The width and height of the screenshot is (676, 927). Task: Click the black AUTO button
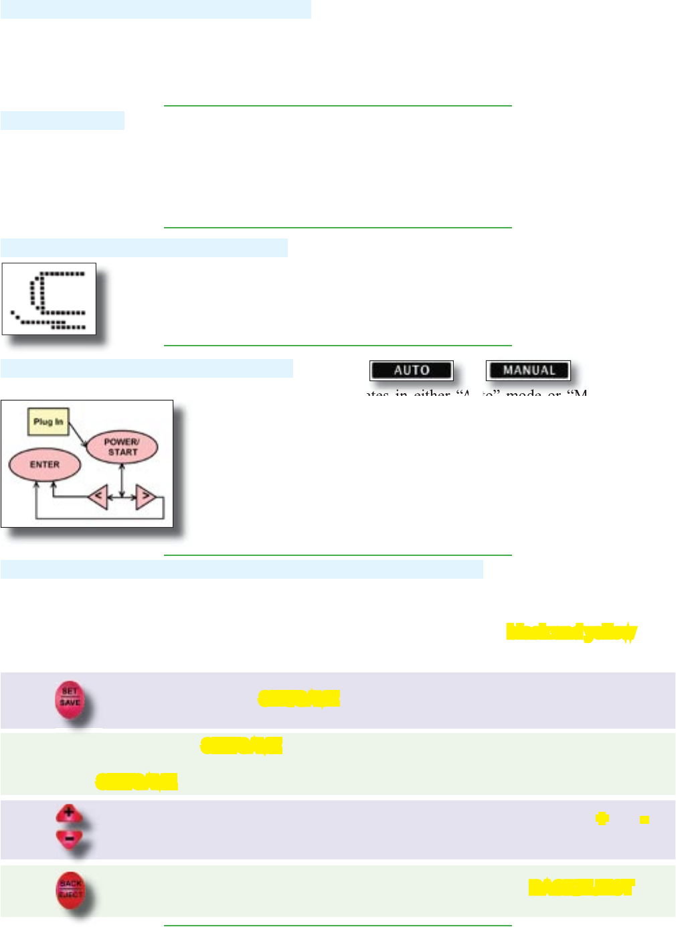pos(411,370)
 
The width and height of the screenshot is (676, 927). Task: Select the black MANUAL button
pos(528,370)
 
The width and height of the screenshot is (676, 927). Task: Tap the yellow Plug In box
pos(48,422)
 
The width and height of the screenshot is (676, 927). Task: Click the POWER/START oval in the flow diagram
pos(121,447)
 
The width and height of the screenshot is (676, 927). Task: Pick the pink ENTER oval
pos(44,464)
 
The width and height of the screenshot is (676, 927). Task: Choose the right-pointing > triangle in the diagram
pos(145,497)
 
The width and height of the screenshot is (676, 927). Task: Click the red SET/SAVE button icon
pos(70,699)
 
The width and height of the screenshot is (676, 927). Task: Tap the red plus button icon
pos(69,814)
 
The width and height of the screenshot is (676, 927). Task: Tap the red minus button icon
pos(69,837)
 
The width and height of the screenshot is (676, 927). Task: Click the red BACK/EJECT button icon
pos(70,889)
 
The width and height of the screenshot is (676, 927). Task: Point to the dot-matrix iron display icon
pos(49,299)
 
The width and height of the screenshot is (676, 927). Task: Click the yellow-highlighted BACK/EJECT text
pos(581,887)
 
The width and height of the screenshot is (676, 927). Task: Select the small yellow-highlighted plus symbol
pos(602,818)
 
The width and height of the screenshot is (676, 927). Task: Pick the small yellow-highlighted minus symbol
pos(644,819)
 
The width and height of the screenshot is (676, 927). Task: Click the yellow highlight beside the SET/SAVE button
pos(299,699)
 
